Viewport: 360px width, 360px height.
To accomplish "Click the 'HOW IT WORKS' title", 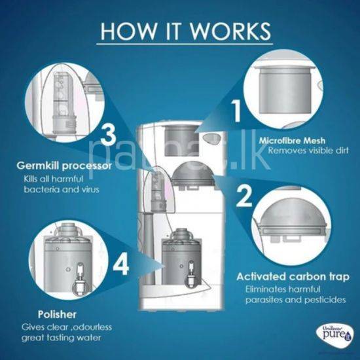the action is (x=185, y=31).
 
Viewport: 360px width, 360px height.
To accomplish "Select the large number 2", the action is (x=244, y=196).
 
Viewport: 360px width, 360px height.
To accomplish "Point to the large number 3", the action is (x=108, y=135).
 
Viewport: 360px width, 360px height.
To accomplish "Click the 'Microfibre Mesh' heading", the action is (x=292, y=141).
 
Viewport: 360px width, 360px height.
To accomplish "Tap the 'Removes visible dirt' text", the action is (x=308, y=151).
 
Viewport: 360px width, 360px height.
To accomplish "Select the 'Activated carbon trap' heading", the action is (x=293, y=277).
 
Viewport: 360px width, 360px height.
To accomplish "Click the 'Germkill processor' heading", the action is (x=64, y=166).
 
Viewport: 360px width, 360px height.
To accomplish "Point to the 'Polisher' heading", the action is (x=57, y=315).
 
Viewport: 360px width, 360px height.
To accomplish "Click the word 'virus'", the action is (x=90, y=189).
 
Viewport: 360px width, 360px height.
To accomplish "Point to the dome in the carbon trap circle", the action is (x=293, y=213).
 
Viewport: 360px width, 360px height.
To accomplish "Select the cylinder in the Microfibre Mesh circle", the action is (x=285, y=91).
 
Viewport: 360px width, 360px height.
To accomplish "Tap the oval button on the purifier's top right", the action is (x=212, y=139).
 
